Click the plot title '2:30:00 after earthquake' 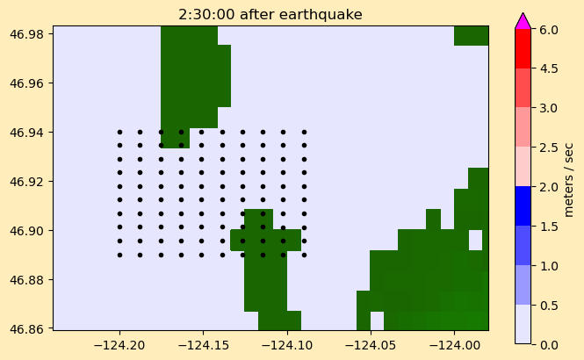coord(270,15)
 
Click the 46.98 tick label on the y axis coord(27,34)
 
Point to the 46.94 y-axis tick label coord(27,133)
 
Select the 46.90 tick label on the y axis coord(27,230)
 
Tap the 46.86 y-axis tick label coord(27,328)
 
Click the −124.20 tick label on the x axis coord(119,345)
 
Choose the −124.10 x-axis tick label coord(287,345)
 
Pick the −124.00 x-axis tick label coord(454,345)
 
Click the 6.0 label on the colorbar coord(549,29)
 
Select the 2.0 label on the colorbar coord(549,186)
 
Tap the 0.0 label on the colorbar coord(549,344)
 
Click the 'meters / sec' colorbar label coord(568,179)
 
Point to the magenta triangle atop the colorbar coord(523,22)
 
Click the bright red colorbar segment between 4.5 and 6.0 coord(523,48)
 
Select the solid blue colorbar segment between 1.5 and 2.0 coord(523,205)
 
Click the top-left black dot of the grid coord(119,133)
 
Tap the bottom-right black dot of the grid coord(304,255)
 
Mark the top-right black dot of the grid coord(304,133)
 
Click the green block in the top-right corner coord(471,36)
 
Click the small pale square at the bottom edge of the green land coord(377,320)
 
